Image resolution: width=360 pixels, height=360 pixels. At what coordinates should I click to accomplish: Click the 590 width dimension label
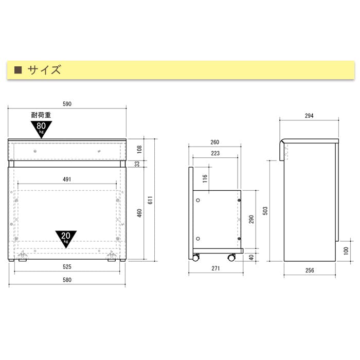click(67, 104)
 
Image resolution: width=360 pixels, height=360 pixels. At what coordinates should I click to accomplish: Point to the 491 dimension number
click(67, 179)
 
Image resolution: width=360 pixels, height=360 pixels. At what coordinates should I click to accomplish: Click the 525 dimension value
click(67, 267)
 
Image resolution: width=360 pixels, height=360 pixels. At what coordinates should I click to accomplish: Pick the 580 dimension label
click(67, 280)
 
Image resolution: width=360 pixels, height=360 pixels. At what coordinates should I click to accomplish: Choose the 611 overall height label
click(150, 200)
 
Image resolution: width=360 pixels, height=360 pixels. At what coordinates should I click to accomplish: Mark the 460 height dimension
click(139, 213)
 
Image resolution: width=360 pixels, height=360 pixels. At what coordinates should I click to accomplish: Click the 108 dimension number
click(139, 150)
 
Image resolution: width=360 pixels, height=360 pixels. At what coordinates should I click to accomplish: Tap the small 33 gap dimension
click(137, 164)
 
